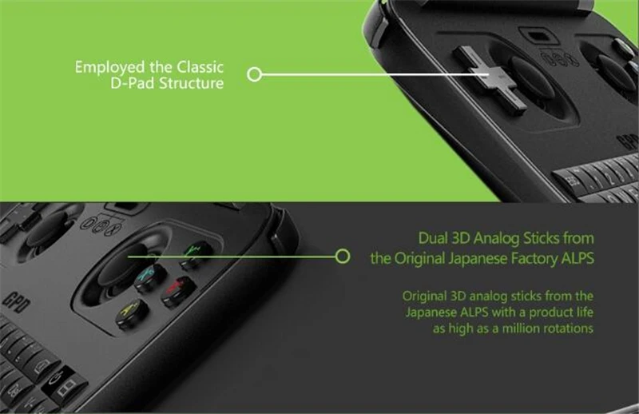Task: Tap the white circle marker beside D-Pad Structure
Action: pyautogui.click(x=255, y=74)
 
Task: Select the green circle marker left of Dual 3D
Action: pyautogui.click(x=343, y=257)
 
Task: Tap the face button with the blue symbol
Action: pyautogui.click(x=149, y=277)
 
